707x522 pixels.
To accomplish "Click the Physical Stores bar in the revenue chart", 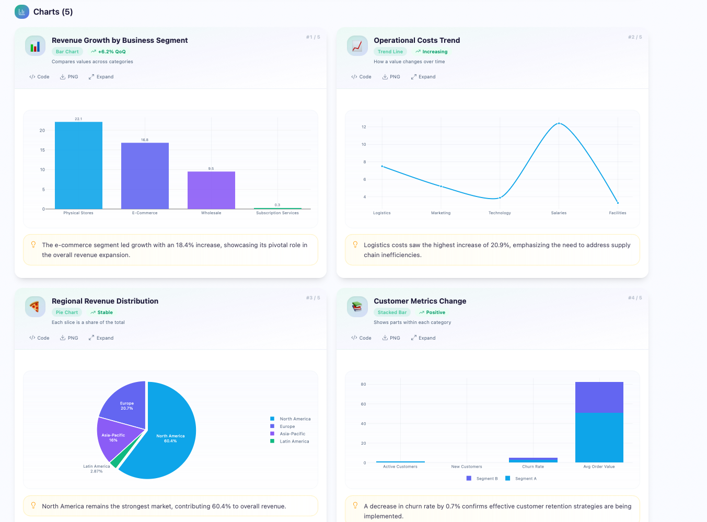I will pos(78,165).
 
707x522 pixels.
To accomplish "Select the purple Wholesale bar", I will pos(211,190).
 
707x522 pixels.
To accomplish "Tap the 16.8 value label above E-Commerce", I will pos(145,140).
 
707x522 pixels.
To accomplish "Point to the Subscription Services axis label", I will pos(277,213).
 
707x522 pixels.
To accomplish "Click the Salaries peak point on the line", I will pos(559,123).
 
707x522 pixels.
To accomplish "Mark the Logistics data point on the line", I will pos(382,166).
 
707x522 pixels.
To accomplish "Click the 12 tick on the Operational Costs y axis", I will pos(364,127).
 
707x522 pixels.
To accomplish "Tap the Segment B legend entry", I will pos(482,479).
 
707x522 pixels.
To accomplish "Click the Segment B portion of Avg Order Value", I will pos(599,397).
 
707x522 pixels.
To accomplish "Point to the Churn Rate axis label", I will pos(533,467).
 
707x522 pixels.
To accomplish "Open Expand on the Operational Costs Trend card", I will pos(423,77).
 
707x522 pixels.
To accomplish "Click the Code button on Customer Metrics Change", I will pos(362,338).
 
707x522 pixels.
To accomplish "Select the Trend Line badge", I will pos(390,52).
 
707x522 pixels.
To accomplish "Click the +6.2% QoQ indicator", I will pos(109,52).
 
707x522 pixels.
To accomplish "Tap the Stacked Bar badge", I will pos(392,312).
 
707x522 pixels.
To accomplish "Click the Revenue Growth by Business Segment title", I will pos(120,40).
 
